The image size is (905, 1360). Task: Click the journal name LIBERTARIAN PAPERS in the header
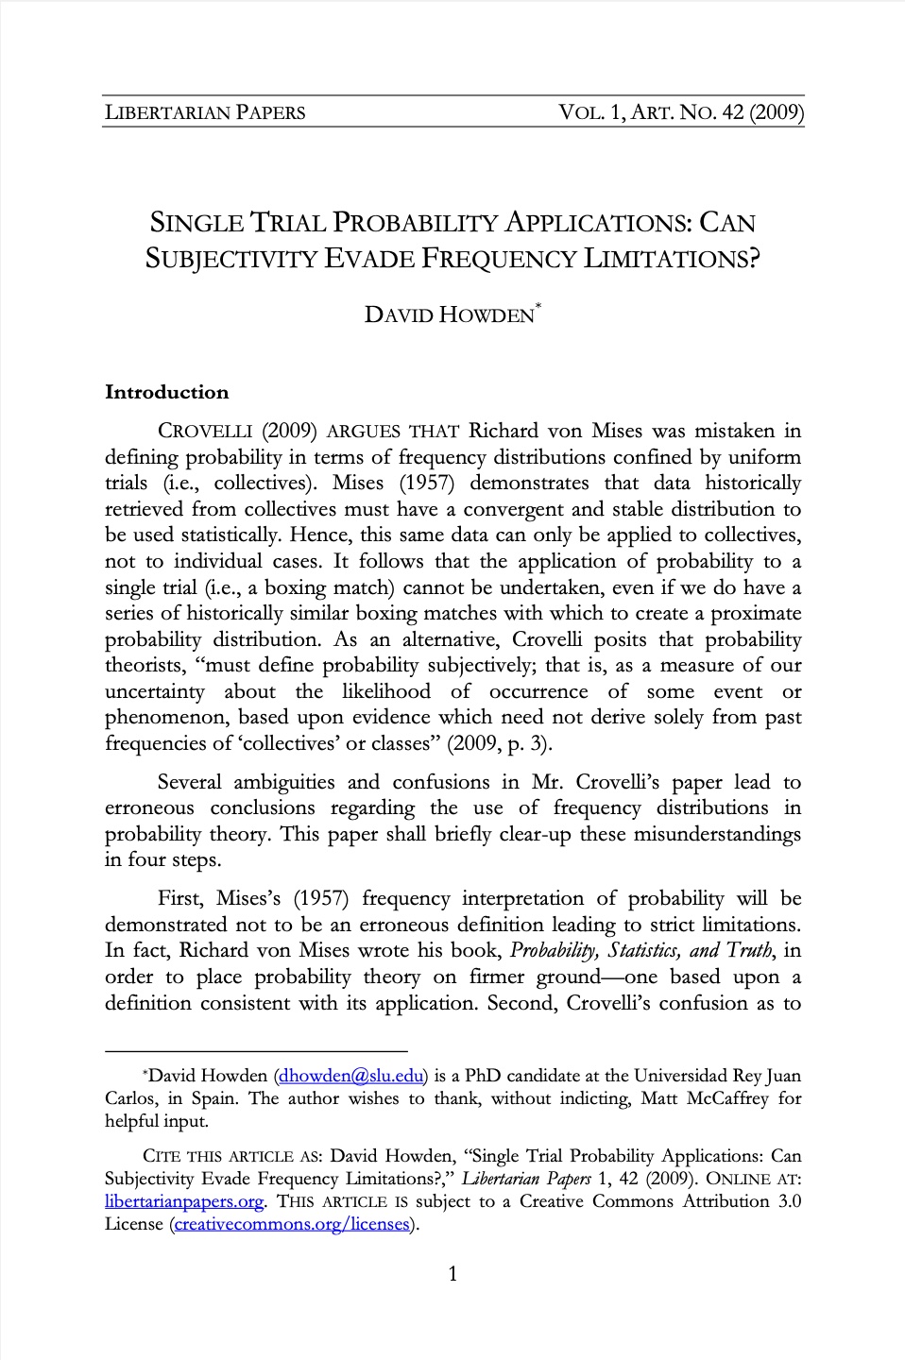[x=205, y=112]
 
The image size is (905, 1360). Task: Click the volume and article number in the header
[x=681, y=112]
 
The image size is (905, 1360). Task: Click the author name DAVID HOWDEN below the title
[x=450, y=314]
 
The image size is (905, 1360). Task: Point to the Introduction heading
[x=167, y=392]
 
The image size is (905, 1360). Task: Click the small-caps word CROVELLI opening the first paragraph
[x=205, y=432]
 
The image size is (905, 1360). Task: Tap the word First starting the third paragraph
[x=179, y=898]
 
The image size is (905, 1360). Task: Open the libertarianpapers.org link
[x=184, y=1201]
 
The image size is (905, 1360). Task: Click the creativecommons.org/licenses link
[x=292, y=1224]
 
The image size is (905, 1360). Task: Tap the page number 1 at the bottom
[x=452, y=1274]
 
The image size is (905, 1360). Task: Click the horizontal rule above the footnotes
[x=256, y=1050]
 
